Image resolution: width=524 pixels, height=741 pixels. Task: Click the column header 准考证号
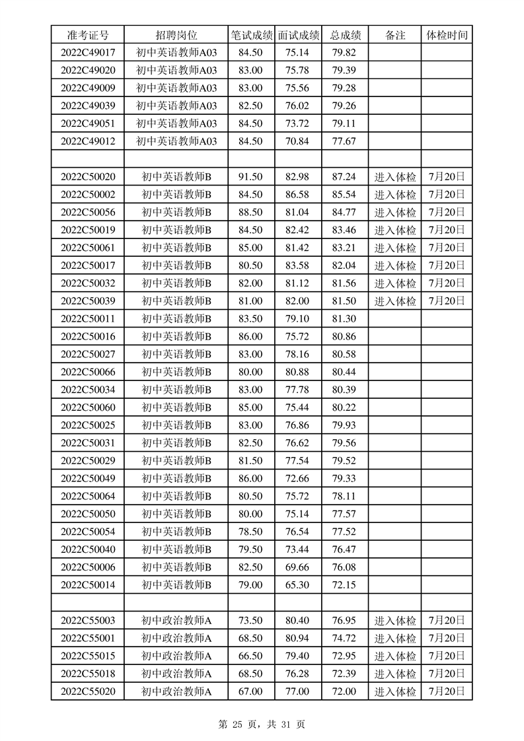(x=88, y=35)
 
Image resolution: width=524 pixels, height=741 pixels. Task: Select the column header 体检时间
(x=447, y=35)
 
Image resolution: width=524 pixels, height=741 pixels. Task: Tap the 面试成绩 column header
(x=298, y=35)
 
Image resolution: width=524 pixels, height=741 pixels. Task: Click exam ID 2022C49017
(x=88, y=53)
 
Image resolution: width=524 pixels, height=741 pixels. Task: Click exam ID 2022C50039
(x=88, y=301)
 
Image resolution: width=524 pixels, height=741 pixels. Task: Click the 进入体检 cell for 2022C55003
(x=395, y=621)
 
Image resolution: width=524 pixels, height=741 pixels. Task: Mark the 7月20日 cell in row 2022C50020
(x=447, y=177)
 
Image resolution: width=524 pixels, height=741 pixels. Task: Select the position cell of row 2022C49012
(x=176, y=141)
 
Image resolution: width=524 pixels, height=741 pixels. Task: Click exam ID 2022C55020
(x=88, y=691)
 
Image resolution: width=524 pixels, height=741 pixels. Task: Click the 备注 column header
(x=395, y=35)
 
